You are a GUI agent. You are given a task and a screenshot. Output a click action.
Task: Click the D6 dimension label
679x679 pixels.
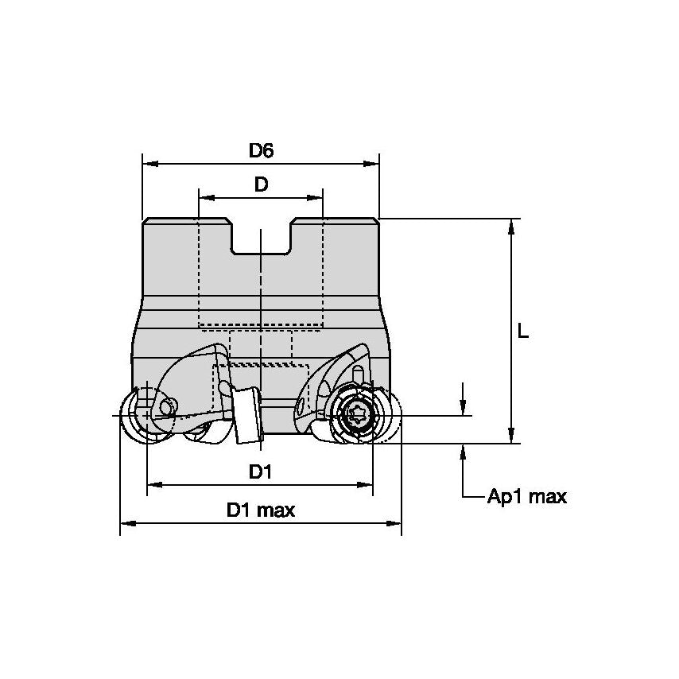[261, 149]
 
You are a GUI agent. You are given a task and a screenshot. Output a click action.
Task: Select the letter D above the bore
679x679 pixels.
[261, 184]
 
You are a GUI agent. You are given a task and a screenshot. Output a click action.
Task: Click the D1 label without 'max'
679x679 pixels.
[260, 471]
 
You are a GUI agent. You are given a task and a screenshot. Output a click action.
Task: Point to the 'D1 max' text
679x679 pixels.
[260, 510]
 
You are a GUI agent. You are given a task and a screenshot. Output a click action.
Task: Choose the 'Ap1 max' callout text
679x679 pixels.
[527, 497]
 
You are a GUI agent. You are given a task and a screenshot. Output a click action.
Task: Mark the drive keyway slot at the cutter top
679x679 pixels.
[261, 237]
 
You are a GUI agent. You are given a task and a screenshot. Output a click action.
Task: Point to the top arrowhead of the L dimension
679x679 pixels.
[511, 226]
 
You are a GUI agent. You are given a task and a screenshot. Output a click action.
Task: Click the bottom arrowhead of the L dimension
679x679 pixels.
[511, 436]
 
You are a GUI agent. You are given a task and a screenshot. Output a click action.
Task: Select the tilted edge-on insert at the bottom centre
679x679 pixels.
[247, 416]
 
